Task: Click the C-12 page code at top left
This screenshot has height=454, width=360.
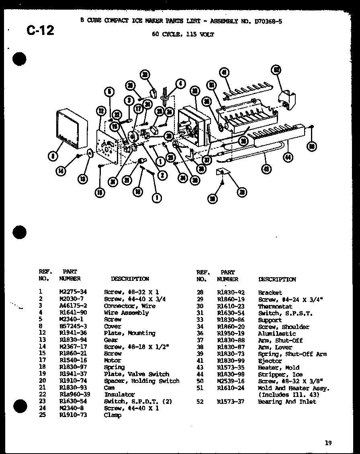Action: click(x=40, y=30)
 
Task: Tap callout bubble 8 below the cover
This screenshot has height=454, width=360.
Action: click(x=53, y=156)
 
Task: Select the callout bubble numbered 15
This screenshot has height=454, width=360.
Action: click(x=100, y=193)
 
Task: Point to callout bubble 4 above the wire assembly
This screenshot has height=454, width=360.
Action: click(x=180, y=84)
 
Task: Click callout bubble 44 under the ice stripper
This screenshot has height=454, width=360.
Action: click(x=288, y=157)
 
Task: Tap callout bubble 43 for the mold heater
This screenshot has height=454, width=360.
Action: click(x=266, y=169)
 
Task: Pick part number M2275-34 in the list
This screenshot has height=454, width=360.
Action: click(x=73, y=292)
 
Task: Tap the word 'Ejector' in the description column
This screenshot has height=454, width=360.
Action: click(x=270, y=361)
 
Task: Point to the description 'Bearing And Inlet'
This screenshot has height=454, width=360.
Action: click(x=287, y=401)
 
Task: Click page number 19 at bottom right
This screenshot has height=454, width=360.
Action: click(x=329, y=443)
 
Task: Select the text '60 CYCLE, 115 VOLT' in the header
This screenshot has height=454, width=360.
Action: click(x=183, y=35)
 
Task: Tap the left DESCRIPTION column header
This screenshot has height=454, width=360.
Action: click(x=130, y=279)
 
